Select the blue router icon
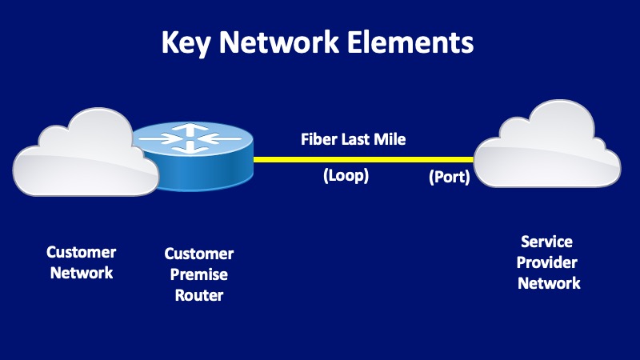coord(193,156)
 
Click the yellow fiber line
coord(360,159)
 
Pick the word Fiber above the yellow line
coord(318,140)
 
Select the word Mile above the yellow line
coord(392,140)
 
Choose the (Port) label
coord(449,177)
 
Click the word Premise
coord(199,275)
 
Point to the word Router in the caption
coord(199,296)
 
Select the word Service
coord(548,242)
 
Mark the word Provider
coord(548,262)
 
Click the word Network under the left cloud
coord(82,273)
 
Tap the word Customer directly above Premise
coord(199,254)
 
